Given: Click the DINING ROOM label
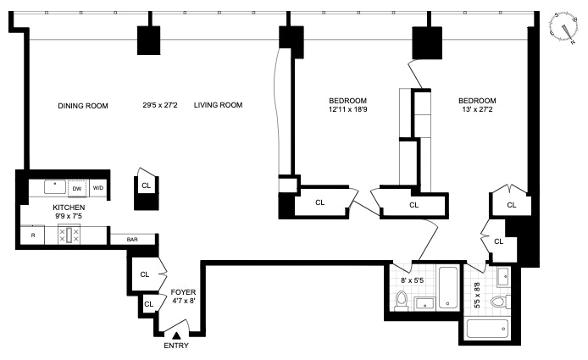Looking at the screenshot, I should pyautogui.click(x=84, y=106).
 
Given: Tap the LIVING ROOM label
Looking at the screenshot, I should pyautogui.click(x=218, y=106).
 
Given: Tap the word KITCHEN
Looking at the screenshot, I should pyautogui.click(x=69, y=207).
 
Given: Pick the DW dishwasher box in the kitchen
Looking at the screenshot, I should pyautogui.click(x=77, y=188).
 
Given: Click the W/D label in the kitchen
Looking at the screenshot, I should pyautogui.click(x=97, y=188).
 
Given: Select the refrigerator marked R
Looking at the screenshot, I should pyautogui.click(x=33, y=235).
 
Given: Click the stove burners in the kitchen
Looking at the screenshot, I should pyautogui.click(x=69, y=235).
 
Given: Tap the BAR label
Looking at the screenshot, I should pyautogui.click(x=132, y=240).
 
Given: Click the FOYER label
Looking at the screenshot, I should pyautogui.click(x=185, y=292).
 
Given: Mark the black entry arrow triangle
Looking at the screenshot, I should pyautogui.click(x=176, y=335).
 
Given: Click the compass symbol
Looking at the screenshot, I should pyautogui.click(x=560, y=28).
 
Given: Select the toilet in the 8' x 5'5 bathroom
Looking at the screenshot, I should pyautogui.click(x=402, y=301).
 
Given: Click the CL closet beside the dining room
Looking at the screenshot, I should pyautogui.click(x=146, y=185).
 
